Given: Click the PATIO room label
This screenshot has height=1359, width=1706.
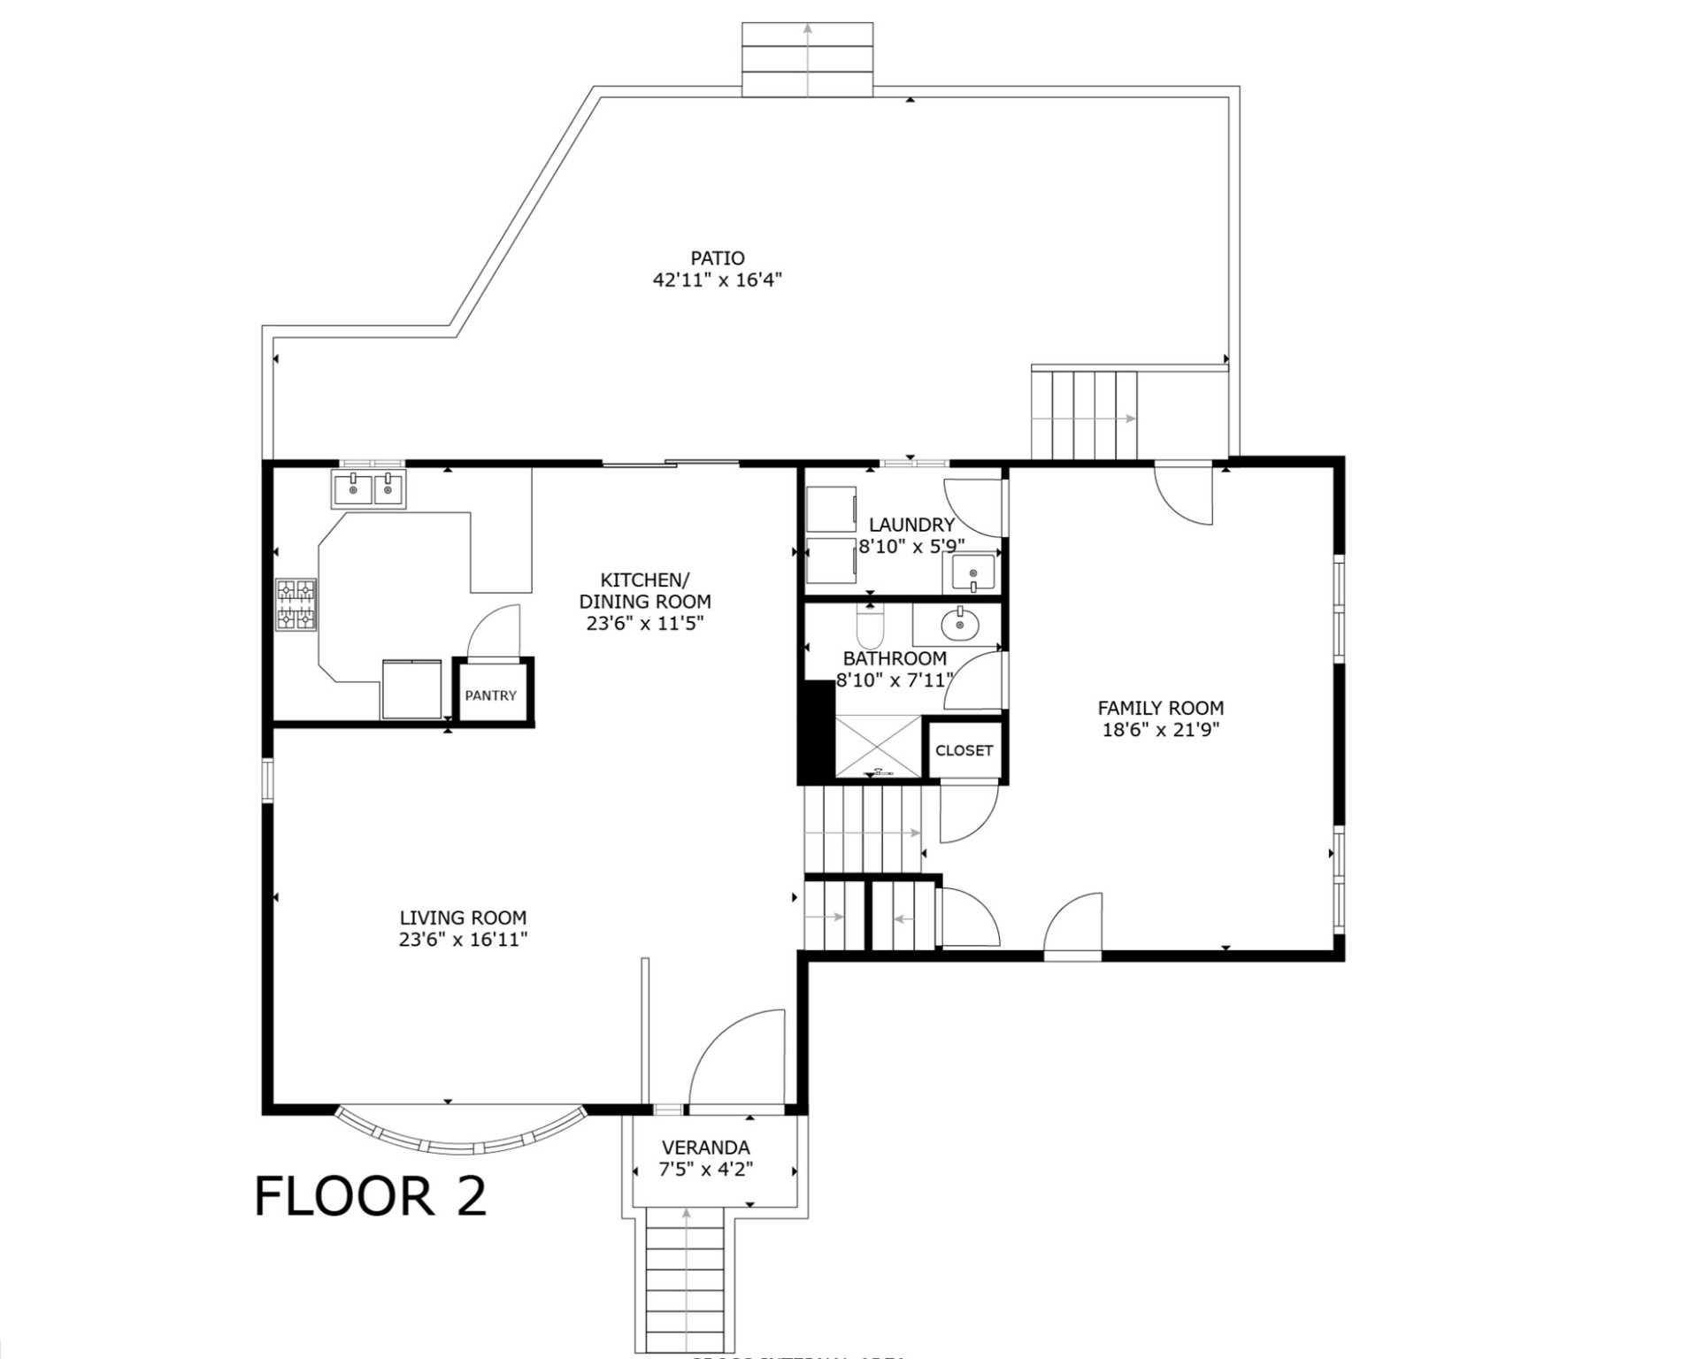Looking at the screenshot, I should coord(719,259).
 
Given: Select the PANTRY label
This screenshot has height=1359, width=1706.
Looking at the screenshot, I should coord(492,696).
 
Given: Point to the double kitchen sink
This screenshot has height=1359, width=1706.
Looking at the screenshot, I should coord(370,489).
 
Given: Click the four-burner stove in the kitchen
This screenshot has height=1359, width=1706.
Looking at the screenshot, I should coord(297,605).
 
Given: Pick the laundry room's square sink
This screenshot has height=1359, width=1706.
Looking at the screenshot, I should coord(973,572).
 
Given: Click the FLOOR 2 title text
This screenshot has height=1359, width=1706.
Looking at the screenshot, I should coord(371,1196).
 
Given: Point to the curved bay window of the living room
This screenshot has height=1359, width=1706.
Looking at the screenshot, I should coord(460,1135).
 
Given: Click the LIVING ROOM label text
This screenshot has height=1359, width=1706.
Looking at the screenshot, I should coord(464,918).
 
